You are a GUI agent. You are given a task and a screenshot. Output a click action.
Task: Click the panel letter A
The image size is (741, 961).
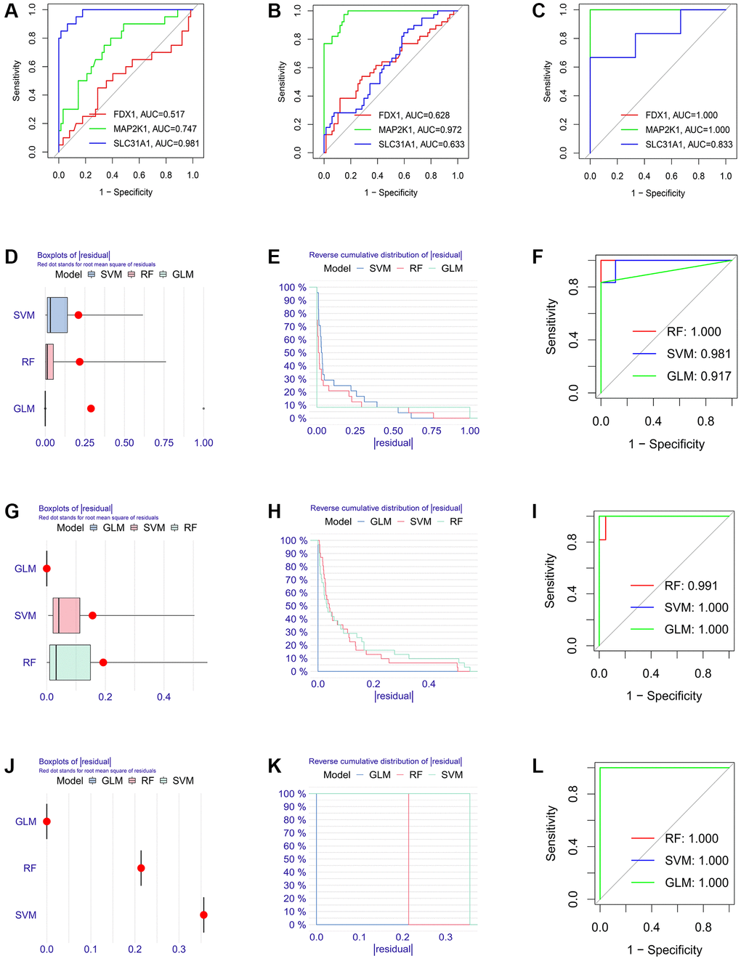coord(11,12)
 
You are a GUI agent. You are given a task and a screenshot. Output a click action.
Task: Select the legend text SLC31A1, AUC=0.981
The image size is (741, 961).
coord(155,144)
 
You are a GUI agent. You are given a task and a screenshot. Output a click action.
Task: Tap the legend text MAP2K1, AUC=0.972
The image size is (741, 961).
coord(420,130)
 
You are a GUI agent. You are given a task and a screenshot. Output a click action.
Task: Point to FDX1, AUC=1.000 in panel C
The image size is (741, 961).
coord(681,115)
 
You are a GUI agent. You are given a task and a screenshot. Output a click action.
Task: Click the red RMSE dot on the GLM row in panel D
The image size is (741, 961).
coord(91,409)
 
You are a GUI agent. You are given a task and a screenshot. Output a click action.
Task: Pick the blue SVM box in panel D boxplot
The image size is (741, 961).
coord(57,315)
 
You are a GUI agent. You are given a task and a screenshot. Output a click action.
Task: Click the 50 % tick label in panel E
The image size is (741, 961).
coord(293,353)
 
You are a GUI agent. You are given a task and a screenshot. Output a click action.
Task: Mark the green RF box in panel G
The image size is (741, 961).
coord(70,662)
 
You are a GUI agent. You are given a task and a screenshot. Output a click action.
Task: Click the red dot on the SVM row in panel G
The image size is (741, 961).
coord(92,616)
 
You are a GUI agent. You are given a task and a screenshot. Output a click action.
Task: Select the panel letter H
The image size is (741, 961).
coord(275,512)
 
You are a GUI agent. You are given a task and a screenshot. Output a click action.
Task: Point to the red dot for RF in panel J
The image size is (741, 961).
coord(141,868)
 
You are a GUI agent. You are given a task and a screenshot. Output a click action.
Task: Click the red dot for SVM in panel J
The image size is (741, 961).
coord(203,915)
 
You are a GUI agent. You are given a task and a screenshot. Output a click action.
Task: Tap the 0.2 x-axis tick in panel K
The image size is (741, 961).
coord(402,937)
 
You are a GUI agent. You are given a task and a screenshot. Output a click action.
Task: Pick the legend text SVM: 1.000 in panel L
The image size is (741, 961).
coord(697,861)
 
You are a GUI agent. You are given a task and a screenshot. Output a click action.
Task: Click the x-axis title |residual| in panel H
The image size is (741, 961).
coord(394,696)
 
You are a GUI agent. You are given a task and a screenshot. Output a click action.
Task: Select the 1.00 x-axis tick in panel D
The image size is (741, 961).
coord(203,443)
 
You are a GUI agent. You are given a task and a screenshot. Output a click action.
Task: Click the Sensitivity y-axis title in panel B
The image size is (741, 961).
coord(282,81)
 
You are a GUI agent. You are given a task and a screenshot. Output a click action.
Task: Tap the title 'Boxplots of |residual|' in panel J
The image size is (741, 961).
coord(75,762)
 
